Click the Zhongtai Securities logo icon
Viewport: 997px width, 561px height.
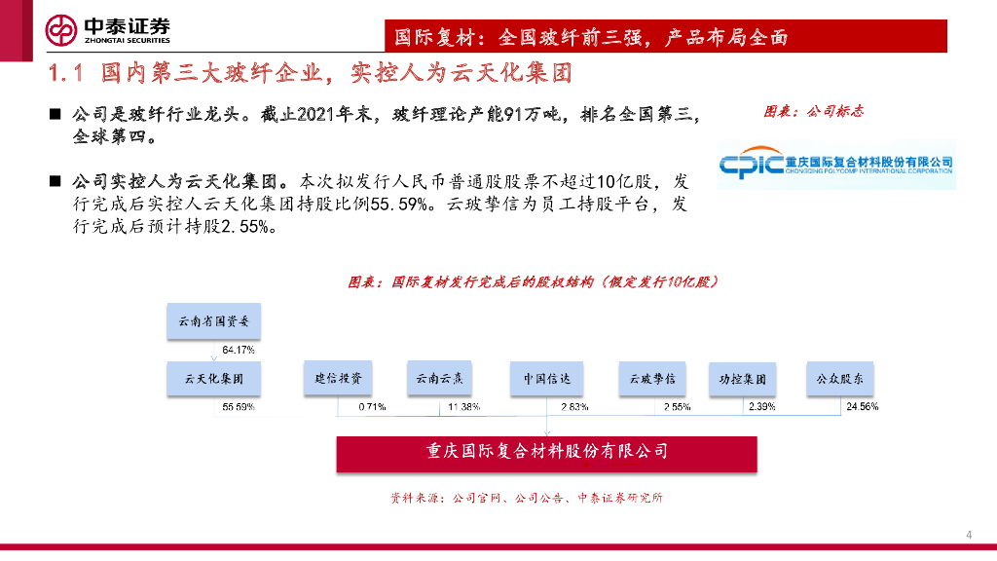[x=61, y=30]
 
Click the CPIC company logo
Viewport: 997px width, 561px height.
[x=835, y=164]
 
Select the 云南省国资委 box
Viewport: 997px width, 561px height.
[x=213, y=321]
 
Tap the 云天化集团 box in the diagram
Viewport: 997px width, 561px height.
[x=213, y=378]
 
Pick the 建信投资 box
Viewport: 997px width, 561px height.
[x=337, y=378]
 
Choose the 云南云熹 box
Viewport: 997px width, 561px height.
[x=440, y=378]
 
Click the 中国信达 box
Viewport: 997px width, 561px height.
[x=546, y=378]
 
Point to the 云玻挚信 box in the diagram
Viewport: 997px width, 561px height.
[x=651, y=378]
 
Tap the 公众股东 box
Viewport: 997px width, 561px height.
[x=839, y=378]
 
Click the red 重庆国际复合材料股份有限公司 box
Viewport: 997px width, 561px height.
[x=546, y=452]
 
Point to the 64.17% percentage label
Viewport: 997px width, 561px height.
[x=239, y=350]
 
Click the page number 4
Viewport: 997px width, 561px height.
[x=969, y=535]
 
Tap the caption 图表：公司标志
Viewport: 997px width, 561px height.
[x=814, y=112]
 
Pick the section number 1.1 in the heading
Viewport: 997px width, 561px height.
[x=69, y=73]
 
